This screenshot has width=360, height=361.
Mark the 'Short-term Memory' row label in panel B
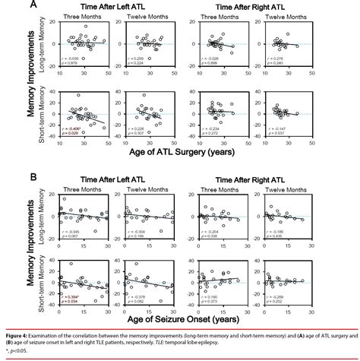click(x=44, y=277)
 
